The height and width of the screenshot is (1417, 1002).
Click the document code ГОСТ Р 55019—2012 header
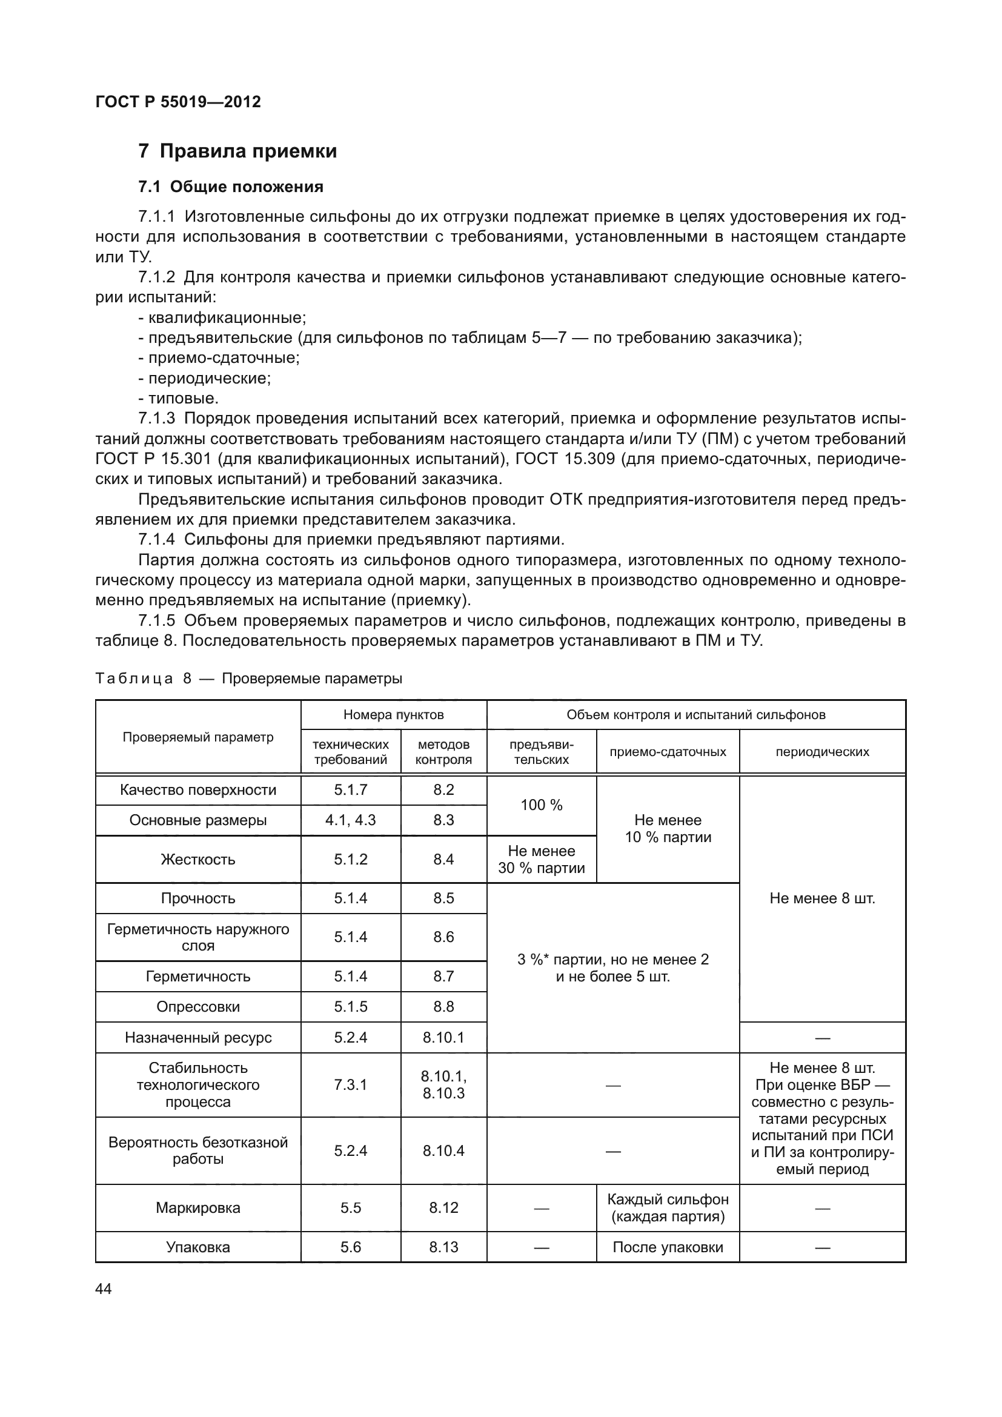[x=178, y=102]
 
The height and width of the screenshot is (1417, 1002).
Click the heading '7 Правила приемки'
[x=237, y=151]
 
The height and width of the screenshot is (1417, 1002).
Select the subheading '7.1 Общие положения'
[x=231, y=187]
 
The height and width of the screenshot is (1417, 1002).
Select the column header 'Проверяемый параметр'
[x=198, y=737]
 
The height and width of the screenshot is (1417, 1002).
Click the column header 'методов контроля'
[x=443, y=752]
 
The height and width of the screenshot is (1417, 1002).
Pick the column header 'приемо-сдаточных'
[x=668, y=752]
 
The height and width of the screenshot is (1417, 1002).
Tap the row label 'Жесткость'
[x=198, y=859]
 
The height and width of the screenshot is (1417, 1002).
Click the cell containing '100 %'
[x=541, y=805]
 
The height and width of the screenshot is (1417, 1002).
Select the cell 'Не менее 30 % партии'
[x=541, y=859]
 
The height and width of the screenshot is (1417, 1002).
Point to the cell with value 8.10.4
[x=443, y=1150]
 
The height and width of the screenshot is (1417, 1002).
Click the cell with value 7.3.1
[x=350, y=1085]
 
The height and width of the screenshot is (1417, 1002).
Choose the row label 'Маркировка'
[x=198, y=1208]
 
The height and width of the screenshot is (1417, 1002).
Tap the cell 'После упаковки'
[x=668, y=1247]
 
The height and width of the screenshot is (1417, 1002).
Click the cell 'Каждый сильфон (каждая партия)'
[x=668, y=1208]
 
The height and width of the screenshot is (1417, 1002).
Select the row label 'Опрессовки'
[x=198, y=1007]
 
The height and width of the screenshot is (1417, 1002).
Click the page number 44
[x=104, y=1289]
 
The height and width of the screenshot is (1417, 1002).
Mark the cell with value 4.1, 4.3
[x=350, y=820]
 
